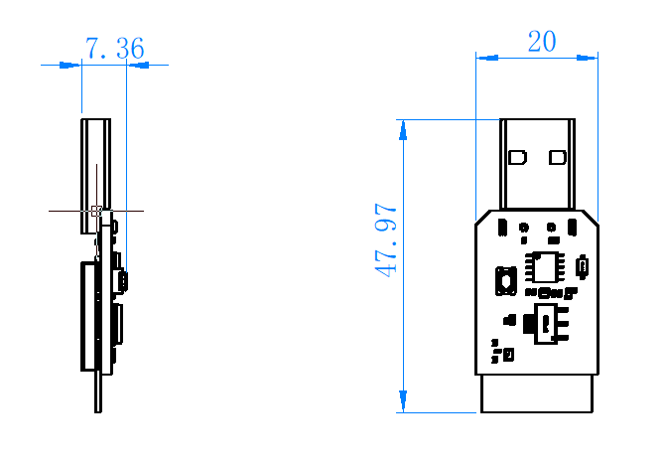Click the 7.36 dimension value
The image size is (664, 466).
[114, 48]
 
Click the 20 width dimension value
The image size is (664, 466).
[542, 41]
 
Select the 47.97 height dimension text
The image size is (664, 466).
[386, 240]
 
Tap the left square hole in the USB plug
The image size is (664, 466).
[517, 157]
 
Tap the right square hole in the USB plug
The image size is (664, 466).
[557, 157]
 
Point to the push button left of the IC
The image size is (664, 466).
[505, 280]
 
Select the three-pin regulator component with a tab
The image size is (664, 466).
[547, 324]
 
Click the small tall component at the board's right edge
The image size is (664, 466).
[583, 265]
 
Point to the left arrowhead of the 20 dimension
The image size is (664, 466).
[484, 58]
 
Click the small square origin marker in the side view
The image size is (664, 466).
[96, 211]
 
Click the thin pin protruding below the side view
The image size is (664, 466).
[98, 392]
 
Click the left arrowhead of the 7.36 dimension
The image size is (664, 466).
[70, 65]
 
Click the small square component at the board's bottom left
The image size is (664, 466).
[508, 354]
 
